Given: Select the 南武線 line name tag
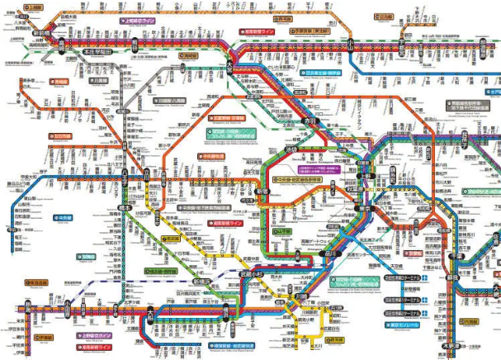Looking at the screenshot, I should pos(171,238).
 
